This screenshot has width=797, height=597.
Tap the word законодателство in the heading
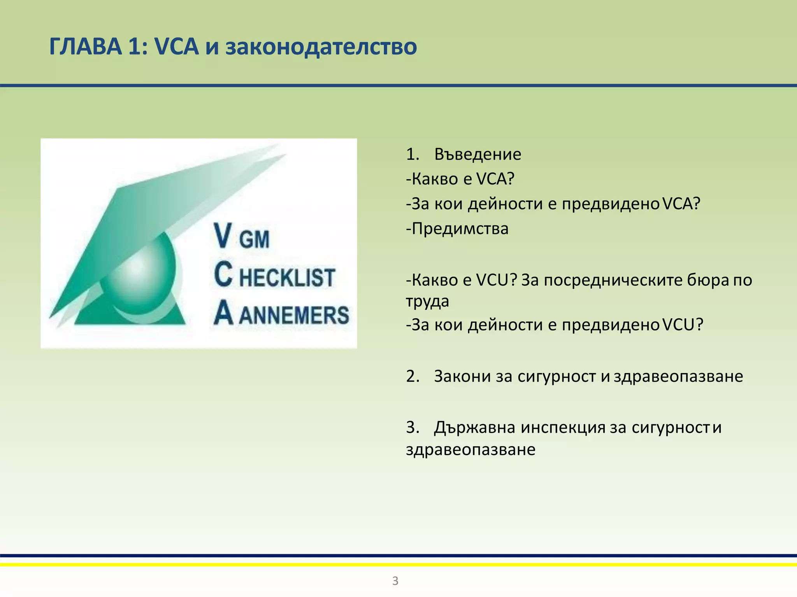(321, 47)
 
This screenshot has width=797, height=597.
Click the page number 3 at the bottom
(395, 581)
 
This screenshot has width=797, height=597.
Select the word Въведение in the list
(477, 154)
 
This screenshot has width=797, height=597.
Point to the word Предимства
(460, 229)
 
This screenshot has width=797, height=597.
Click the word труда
(427, 301)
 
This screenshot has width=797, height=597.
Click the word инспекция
(563, 427)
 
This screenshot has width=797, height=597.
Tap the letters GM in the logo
(254, 239)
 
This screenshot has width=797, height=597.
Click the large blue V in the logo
(223, 236)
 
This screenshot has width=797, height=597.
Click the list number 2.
(412, 376)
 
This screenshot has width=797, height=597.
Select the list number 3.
(412, 427)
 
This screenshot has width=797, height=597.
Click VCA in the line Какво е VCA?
(495, 179)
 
